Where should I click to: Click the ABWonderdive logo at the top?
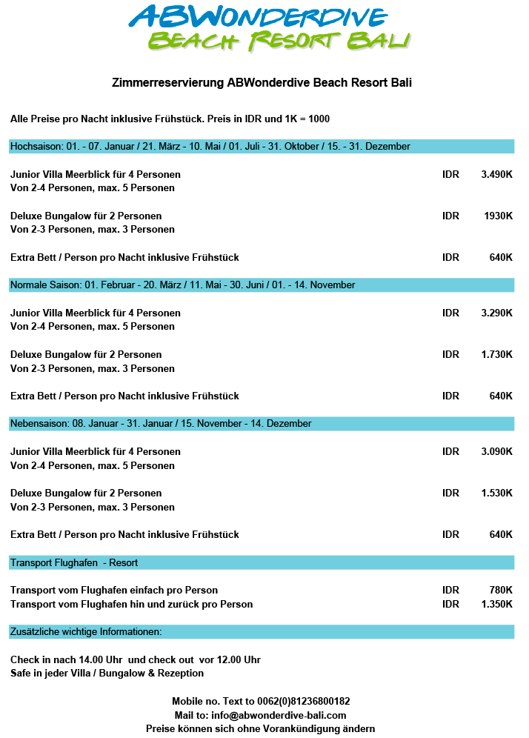click(268, 28)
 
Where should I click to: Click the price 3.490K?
click(496, 175)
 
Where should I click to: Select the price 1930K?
click(498, 216)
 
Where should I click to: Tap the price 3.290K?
click(496, 313)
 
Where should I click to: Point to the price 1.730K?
click(496, 355)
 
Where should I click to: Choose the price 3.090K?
click(496, 452)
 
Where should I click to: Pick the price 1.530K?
click(496, 493)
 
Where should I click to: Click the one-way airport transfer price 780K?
click(501, 591)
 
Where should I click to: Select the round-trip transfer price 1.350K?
click(496, 605)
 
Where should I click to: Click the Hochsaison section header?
click(210, 147)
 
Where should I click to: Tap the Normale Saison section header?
click(183, 285)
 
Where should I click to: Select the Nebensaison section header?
click(161, 424)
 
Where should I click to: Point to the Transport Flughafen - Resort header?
click(74, 563)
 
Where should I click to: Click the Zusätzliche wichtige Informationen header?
click(86, 632)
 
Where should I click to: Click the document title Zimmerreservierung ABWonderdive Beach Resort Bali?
click(262, 83)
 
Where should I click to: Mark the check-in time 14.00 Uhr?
click(94, 660)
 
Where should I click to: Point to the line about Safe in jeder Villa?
click(107, 674)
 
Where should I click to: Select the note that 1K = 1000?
click(307, 119)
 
